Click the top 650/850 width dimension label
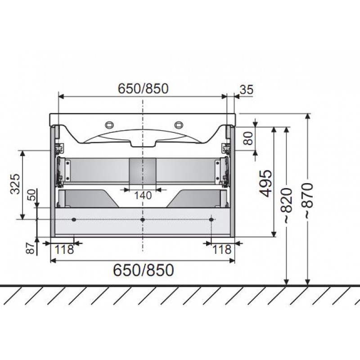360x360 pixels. [143, 89]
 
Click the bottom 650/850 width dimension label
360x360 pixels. [144, 270]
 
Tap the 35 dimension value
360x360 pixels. [247, 90]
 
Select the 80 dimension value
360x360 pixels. [248, 138]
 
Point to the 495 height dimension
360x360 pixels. [266, 184]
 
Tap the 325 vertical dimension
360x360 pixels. [15, 184]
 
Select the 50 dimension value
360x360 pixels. [33, 195]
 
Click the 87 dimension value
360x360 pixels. [30, 248]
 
